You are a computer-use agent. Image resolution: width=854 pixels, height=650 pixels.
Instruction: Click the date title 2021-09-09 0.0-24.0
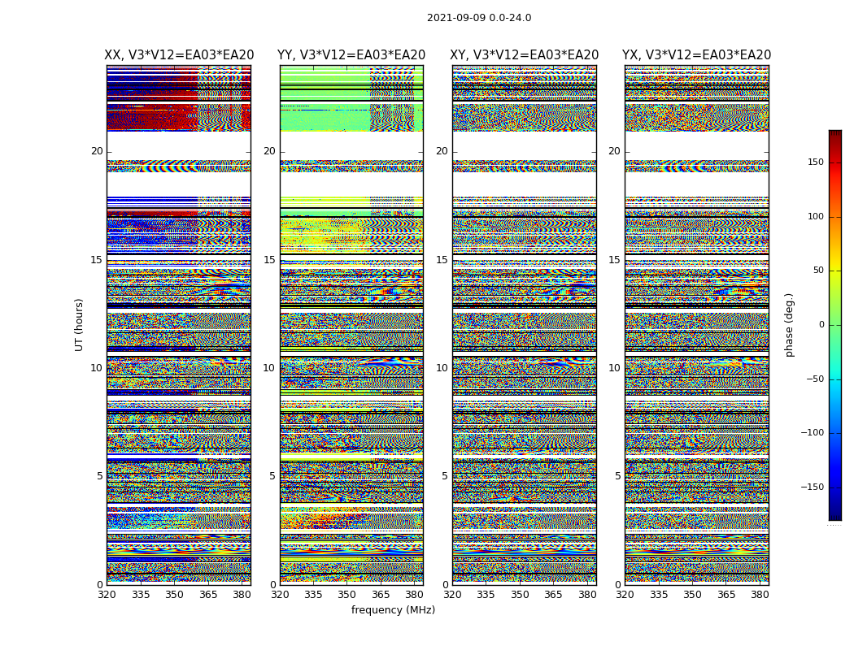[479, 18]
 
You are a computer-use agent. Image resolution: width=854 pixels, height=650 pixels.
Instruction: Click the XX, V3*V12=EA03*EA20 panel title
[179, 55]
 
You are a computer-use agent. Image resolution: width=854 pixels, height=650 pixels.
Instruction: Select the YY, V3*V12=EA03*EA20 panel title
[351, 55]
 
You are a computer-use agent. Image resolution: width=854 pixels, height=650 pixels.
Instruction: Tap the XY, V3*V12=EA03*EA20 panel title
[525, 55]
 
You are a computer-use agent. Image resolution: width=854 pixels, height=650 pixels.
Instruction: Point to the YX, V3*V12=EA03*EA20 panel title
[697, 55]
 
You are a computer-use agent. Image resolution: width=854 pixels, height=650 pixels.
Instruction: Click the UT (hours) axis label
[80, 324]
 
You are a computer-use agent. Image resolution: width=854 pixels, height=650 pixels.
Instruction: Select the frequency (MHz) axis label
[393, 610]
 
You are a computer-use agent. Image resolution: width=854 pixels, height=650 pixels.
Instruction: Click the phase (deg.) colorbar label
[789, 325]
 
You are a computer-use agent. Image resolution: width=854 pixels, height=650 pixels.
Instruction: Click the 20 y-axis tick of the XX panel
[97, 151]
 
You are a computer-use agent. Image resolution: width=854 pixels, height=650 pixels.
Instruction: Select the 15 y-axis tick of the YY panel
[269, 260]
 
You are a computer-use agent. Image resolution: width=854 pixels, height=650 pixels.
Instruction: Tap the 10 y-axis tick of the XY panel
[442, 368]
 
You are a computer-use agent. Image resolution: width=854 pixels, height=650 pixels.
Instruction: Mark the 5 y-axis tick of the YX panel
[617, 476]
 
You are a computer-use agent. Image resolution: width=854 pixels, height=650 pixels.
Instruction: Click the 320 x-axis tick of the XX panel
[107, 595]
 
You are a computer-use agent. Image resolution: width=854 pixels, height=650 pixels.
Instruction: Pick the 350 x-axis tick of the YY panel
[347, 595]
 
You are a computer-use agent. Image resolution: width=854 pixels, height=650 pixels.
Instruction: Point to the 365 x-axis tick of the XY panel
[553, 595]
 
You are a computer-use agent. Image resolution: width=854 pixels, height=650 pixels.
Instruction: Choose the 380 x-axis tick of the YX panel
[760, 595]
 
